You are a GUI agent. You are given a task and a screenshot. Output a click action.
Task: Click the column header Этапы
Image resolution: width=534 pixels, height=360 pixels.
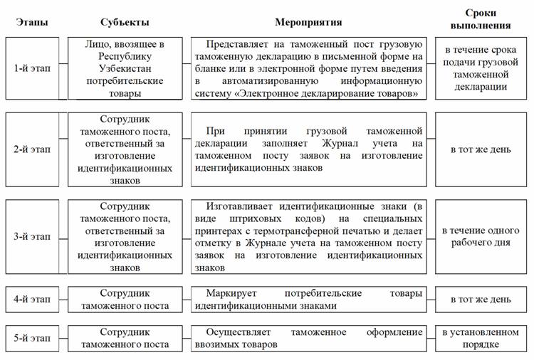(x=32, y=22)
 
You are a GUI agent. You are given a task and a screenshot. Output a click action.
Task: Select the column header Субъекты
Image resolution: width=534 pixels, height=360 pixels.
(x=125, y=22)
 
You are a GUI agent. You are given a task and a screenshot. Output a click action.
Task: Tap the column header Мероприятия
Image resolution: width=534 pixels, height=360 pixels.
(x=308, y=22)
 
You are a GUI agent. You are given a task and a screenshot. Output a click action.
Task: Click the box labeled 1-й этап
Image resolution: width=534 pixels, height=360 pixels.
(x=32, y=68)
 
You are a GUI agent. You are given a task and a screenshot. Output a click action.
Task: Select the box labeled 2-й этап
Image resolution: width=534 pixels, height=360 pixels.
(x=32, y=150)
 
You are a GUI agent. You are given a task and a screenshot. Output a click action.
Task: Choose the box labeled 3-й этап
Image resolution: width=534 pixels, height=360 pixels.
(x=32, y=237)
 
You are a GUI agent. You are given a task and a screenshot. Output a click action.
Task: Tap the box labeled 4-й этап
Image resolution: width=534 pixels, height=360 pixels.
(x=32, y=300)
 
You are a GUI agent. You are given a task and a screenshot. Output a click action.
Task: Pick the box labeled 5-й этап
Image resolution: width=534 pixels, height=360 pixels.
(x=32, y=339)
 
